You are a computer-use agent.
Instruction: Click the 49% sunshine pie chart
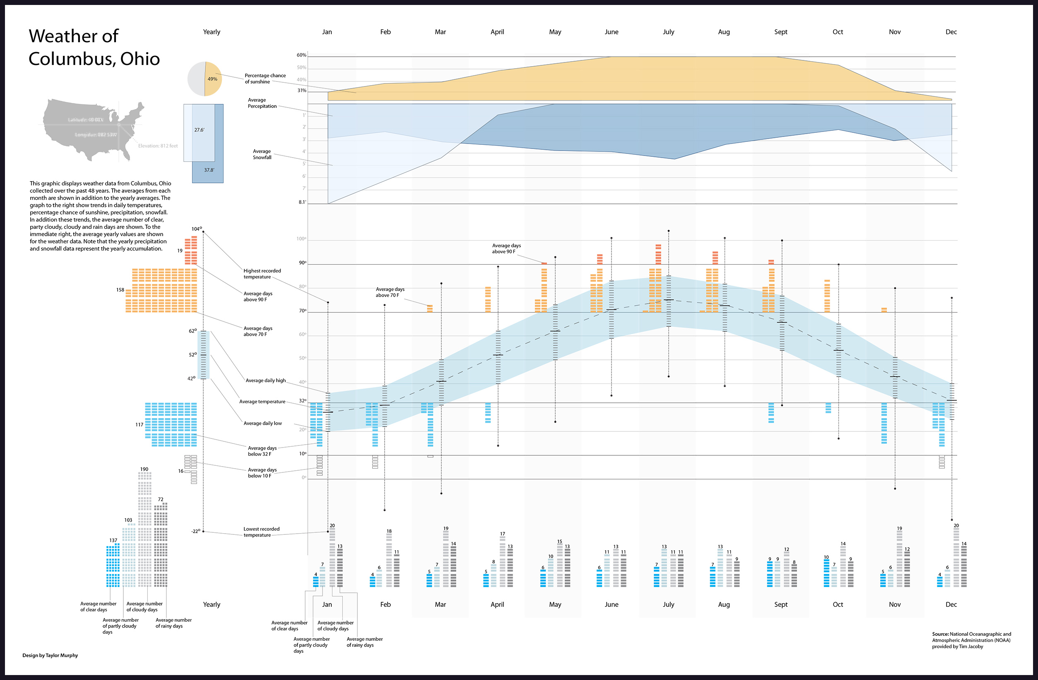pyautogui.click(x=205, y=79)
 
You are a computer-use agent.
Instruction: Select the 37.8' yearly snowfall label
pyautogui.click(x=209, y=170)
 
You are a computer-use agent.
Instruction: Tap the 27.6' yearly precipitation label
pyautogui.click(x=199, y=130)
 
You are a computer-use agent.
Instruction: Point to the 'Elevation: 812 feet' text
pyautogui.click(x=158, y=146)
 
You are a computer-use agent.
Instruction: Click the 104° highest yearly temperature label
pyautogui.click(x=196, y=229)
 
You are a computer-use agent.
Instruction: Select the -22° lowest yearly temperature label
pyautogui.click(x=196, y=531)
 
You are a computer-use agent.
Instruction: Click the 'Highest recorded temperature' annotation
pyautogui.click(x=262, y=273)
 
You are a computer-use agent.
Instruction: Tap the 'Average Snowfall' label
pyautogui.click(x=262, y=154)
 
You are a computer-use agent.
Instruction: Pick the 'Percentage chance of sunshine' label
pyautogui.click(x=265, y=79)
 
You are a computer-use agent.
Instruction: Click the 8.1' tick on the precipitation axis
pyautogui.click(x=302, y=202)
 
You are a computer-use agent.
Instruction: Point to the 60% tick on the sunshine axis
pyautogui.click(x=301, y=55)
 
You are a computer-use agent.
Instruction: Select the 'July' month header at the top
pyautogui.click(x=668, y=32)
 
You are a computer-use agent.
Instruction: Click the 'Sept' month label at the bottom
pyautogui.click(x=781, y=604)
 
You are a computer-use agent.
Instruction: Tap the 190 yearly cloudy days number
pyautogui.click(x=145, y=469)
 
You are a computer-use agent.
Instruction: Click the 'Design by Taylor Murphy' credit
pyautogui.click(x=50, y=655)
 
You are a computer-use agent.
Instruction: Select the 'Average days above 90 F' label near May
pyautogui.click(x=506, y=248)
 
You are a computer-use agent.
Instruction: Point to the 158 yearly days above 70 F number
pyautogui.click(x=120, y=290)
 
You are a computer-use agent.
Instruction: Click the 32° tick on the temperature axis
pyautogui.click(x=303, y=401)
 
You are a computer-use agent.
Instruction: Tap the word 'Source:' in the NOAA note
pyautogui.click(x=940, y=634)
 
